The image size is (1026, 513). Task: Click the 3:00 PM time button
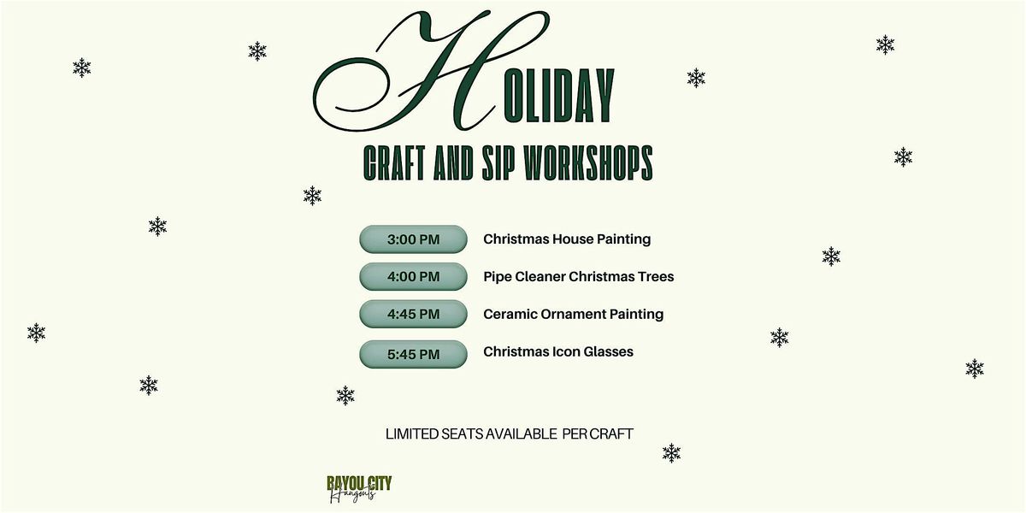(x=413, y=239)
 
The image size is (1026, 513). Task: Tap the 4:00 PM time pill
(x=413, y=277)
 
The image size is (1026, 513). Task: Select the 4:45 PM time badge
(x=413, y=315)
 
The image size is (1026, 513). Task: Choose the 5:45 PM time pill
(x=413, y=354)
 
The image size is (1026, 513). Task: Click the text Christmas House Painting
(x=566, y=239)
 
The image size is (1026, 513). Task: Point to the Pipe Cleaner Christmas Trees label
(x=578, y=277)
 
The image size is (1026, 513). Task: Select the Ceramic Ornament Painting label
(x=573, y=315)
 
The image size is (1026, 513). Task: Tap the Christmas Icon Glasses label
(x=557, y=351)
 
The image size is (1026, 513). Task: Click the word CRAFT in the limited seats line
(x=612, y=434)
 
